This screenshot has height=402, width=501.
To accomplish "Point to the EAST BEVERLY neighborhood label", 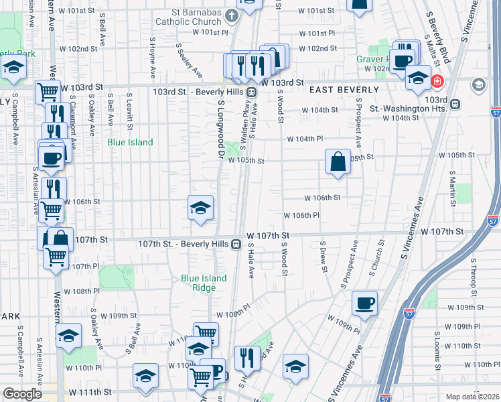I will pos(343,89).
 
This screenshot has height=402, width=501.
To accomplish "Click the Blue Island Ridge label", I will pos(204,283).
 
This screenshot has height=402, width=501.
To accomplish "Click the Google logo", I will pos(22,394).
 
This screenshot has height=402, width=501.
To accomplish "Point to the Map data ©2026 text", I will pos(472,397).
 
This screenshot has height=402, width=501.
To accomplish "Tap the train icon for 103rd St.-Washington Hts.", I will pos(455,104).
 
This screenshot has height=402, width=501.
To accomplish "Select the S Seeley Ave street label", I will pos(190,61).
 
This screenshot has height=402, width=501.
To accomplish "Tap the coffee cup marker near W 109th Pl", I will pos(364,303).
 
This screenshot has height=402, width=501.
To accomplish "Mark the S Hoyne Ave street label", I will pos(153,59).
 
